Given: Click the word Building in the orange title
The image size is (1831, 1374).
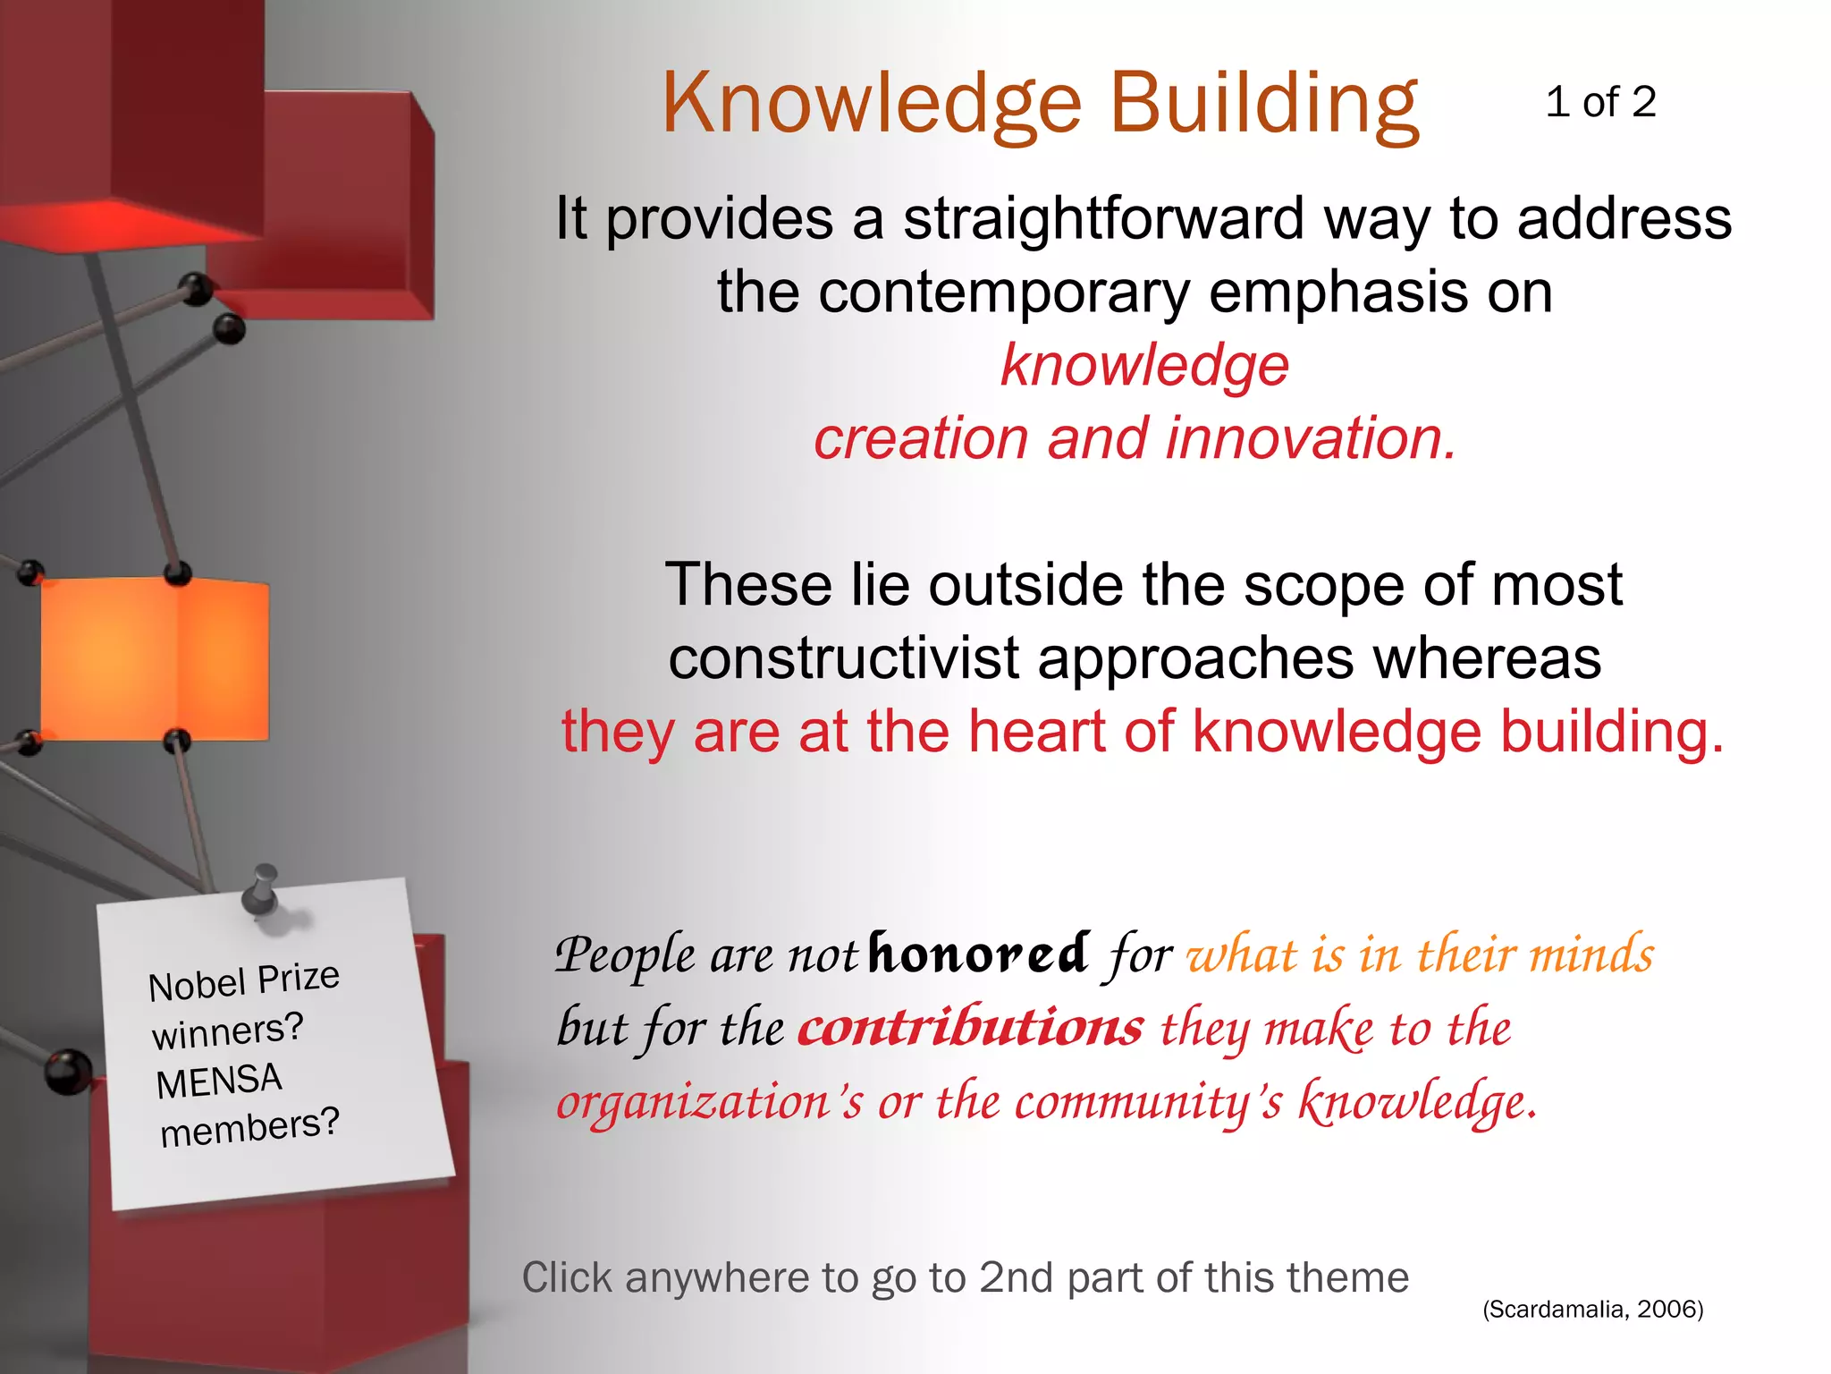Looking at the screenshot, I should click(x=1263, y=105).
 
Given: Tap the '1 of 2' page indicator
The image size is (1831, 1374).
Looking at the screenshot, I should click(x=1600, y=102).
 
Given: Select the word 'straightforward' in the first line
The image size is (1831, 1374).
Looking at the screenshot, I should click(x=1104, y=218).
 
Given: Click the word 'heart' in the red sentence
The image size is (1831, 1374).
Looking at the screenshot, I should click(x=1037, y=732).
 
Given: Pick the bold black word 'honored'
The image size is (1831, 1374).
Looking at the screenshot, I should click(x=978, y=952).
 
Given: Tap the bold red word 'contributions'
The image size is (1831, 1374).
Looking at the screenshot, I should click(x=970, y=1027).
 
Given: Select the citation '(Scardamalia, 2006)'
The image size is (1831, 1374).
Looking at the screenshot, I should click(x=1592, y=1310).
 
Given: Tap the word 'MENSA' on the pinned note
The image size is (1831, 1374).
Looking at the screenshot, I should click(x=219, y=1081).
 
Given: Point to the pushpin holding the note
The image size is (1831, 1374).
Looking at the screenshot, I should click(x=263, y=889).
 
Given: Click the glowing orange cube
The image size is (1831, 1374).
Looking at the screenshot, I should click(x=154, y=659).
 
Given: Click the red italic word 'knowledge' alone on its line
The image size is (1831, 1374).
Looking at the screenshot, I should click(x=1144, y=365).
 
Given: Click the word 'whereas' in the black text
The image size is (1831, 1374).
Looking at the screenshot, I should click(x=1487, y=658).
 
